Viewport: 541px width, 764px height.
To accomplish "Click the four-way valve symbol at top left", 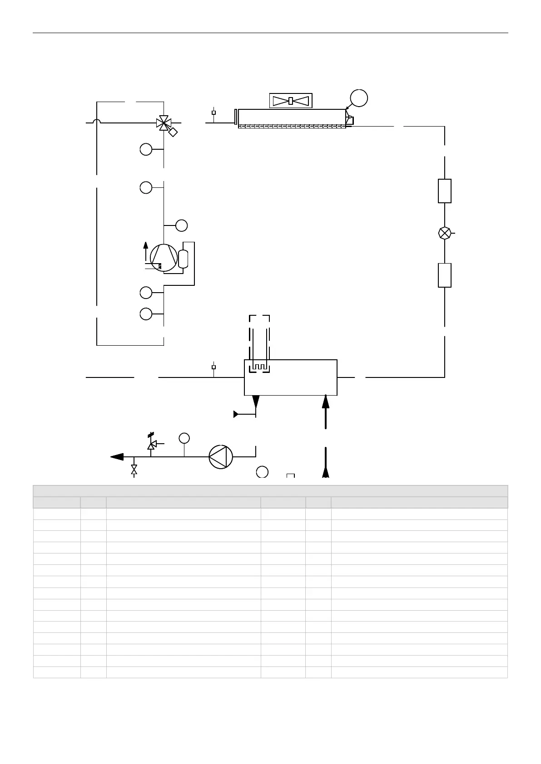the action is (x=163, y=122).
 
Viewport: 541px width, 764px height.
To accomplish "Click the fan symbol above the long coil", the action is (x=291, y=101).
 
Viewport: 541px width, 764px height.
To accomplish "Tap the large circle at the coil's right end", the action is (x=359, y=98).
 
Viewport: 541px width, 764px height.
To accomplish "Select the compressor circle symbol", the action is (x=164, y=257).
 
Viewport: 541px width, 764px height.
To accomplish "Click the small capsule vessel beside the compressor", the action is (x=184, y=259).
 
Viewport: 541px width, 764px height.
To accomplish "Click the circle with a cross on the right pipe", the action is (x=445, y=233).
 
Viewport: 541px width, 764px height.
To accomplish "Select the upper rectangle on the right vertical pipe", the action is (x=445, y=191).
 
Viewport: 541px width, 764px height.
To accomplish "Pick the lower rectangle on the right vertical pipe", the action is (x=445, y=275).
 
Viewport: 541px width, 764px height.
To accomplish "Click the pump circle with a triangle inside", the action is (x=221, y=456).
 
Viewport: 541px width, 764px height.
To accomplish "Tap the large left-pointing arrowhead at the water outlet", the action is (x=117, y=457).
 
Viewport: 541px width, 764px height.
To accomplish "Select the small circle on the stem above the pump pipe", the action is (x=184, y=438).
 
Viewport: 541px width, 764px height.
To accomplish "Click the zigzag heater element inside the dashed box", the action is (x=259, y=366).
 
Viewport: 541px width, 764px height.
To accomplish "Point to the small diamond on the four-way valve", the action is (x=173, y=132).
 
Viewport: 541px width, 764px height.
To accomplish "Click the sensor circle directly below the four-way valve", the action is (x=146, y=149).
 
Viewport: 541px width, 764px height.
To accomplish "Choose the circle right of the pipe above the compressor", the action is (x=181, y=225).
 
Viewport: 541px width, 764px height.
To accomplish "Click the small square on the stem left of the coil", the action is (x=213, y=112).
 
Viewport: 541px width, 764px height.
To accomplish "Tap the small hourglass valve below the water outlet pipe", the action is (x=134, y=470).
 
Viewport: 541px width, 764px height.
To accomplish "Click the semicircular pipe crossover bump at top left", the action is (x=96, y=121).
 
